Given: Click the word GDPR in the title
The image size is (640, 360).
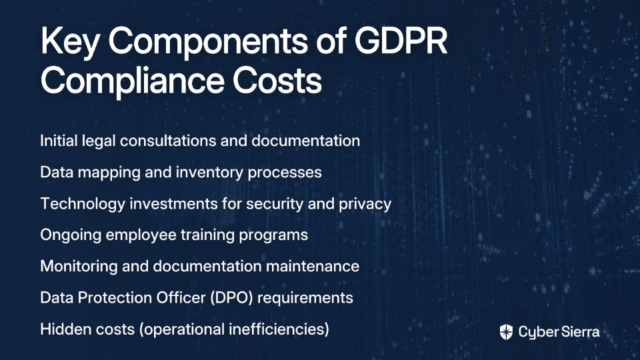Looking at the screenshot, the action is (401, 41).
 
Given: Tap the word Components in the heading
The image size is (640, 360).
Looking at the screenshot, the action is (208, 41).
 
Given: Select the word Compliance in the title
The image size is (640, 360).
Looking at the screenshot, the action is (132, 81).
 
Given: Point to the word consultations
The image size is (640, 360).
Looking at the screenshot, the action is (168, 141).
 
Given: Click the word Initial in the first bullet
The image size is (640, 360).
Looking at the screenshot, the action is (59, 141).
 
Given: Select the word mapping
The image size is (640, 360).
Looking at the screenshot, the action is (109, 173).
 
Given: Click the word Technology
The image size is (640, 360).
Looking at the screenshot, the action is (83, 204).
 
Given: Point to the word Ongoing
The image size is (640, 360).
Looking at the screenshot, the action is (71, 235).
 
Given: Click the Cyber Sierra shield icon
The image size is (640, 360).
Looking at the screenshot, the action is (506, 332).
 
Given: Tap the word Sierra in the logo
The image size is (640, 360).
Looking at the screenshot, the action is (579, 332).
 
